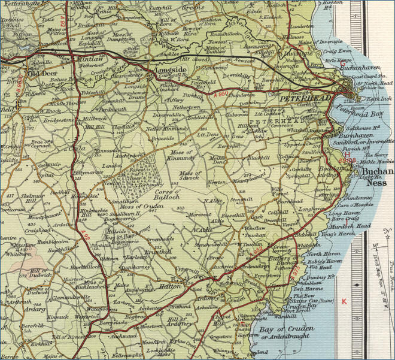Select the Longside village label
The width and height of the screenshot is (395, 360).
(x=172, y=71)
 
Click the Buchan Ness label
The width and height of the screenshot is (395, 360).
(x=378, y=176)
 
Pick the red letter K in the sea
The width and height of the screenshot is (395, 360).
(x=344, y=301)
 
